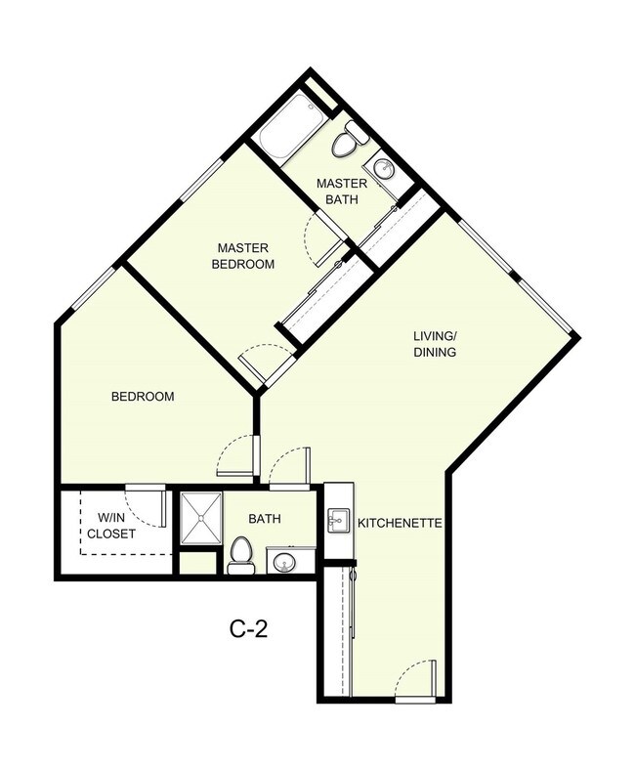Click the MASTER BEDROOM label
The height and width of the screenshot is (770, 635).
(244, 255)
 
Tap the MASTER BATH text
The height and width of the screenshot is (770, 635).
(341, 191)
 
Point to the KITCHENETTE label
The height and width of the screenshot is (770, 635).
(401, 524)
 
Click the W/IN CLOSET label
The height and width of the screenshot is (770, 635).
(108, 526)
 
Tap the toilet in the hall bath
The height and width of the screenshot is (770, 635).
(239, 555)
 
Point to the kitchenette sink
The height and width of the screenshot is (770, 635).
(339, 518)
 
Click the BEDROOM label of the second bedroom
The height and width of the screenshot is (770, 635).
(143, 397)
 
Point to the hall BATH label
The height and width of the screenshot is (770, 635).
(264, 519)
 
